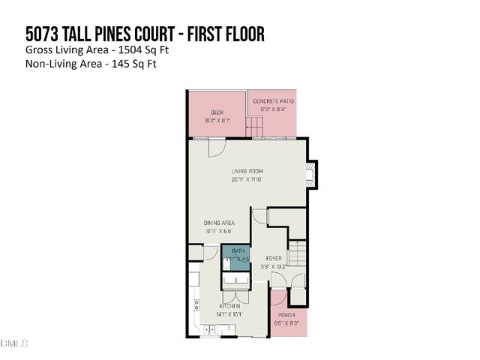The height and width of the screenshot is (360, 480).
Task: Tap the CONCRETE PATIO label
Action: coord(273,101)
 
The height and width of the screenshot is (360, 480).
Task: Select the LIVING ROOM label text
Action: coord(247,171)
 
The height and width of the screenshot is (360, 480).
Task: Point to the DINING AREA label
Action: coord(220,223)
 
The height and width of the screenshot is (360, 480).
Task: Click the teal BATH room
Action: coord(237,257)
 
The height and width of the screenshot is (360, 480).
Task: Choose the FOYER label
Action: coord(273,258)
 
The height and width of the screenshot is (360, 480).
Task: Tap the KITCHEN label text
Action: coord(229,307)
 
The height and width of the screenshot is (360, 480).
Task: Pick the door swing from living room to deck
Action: coord(215,148)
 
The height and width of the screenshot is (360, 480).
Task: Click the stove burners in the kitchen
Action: coord(197,305)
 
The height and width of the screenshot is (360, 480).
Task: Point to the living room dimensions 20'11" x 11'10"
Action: coord(247,180)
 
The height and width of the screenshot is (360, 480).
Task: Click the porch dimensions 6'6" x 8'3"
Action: coord(287,323)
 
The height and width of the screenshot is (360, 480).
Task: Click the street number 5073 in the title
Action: coord(42,34)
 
